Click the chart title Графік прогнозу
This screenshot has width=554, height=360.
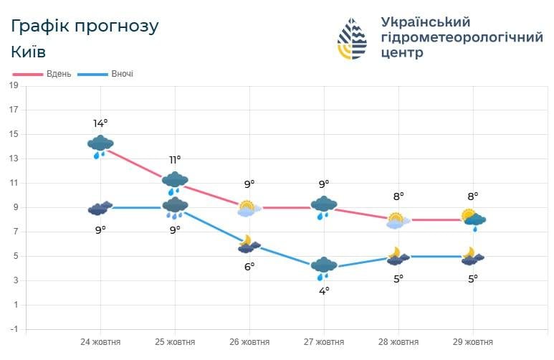pyautogui.click(x=85, y=27)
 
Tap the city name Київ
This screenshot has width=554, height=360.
pyautogui.click(x=29, y=52)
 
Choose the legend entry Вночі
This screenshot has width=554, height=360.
pyautogui.click(x=122, y=74)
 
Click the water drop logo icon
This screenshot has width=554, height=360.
pyautogui.click(x=352, y=38)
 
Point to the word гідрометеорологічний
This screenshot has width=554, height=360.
pyautogui.click(x=462, y=37)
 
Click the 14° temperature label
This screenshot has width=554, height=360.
pyautogui.click(x=100, y=123)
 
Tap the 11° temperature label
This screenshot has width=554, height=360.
pyautogui.click(x=175, y=159)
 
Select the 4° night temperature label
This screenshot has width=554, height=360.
pyautogui.click(x=324, y=290)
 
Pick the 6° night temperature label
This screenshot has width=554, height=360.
pyautogui.click(x=249, y=266)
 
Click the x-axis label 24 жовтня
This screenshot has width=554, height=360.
pyautogui.click(x=100, y=341)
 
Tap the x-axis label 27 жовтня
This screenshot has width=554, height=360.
pyautogui.click(x=324, y=341)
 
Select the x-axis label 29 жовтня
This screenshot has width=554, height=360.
pyautogui.click(x=473, y=341)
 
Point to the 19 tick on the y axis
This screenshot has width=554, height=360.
pyautogui.click(x=14, y=85)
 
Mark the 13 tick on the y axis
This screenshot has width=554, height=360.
pyautogui.click(x=14, y=158)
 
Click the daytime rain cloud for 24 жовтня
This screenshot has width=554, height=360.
pyautogui.click(x=100, y=146)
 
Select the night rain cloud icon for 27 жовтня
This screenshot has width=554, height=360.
pyautogui.click(x=324, y=267)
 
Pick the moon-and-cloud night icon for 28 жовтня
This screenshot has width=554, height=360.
pyautogui.click(x=398, y=256)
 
